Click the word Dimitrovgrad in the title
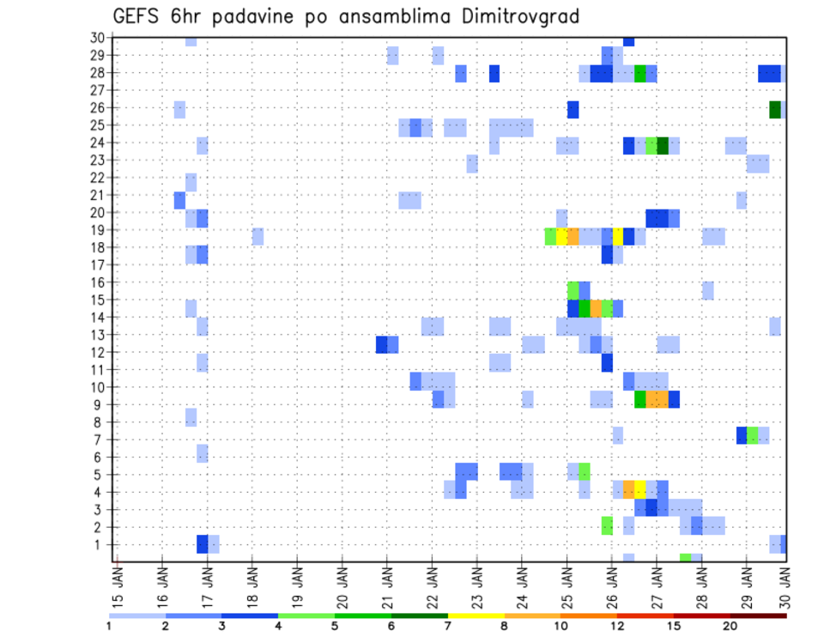tap(519, 16)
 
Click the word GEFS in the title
tap(140, 16)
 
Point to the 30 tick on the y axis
tap(97, 38)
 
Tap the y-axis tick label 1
tap(100, 544)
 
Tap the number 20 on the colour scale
tap(730, 626)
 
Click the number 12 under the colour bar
tap(618, 626)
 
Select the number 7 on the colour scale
tap(448, 626)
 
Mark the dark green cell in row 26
tap(775, 109)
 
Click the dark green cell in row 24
tap(663, 144)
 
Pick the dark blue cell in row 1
tap(203, 544)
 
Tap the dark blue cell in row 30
tap(628, 41)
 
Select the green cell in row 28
tap(640, 74)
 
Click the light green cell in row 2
tap(607, 525)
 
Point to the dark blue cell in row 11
tap(607, 362)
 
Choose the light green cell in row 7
tap(753, 435)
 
